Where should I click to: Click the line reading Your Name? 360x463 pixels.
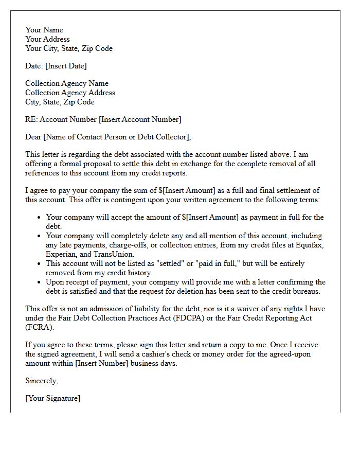[x=44, y=30]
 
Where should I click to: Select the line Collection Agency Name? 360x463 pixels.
[x=67, y=83]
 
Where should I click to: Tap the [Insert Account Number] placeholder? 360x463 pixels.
[x=140, y=119]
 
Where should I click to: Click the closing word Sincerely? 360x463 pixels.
[x=42, y=381]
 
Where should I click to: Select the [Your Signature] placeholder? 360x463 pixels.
[x=52, y=398]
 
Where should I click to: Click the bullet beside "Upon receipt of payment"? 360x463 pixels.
[x=39, y=282]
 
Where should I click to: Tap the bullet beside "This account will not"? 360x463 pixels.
[x=39, y=264]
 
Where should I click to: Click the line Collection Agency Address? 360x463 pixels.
[x=70, y=93]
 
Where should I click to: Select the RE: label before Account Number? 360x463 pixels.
[x=31, y=119]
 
